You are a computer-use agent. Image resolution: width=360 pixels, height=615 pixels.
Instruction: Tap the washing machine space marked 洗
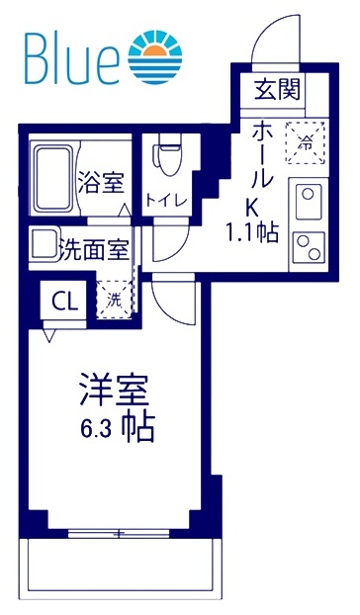[x=115, y=300]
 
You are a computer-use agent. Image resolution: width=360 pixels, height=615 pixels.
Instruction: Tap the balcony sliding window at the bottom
[x=119, y=535]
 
